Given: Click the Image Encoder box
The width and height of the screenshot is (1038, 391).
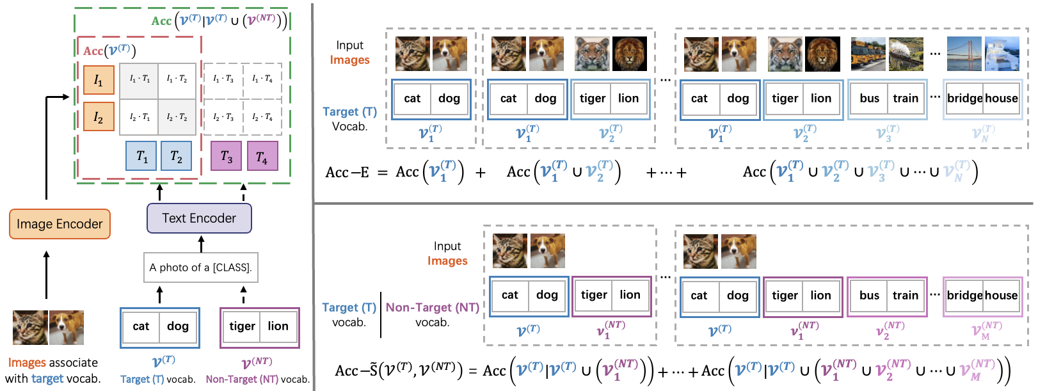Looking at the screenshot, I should coord(60,224).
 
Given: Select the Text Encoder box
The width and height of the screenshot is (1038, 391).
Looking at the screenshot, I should coord(199,218).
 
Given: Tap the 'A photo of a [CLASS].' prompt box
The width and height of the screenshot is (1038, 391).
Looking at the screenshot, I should coord(201,267).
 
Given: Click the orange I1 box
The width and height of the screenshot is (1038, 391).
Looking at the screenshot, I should coord(99,80).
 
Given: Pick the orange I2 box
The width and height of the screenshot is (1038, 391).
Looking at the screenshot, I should coord(99,117).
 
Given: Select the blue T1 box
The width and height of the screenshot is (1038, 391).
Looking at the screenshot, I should coord(142,157).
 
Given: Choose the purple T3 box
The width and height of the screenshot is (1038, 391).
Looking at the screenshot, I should coord(227,157).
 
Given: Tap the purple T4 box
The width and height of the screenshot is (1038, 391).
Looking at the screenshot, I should coord(262,157).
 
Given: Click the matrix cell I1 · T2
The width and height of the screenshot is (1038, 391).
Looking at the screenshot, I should coord(177,79).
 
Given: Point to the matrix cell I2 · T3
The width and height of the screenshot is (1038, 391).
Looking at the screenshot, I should coord(223,117).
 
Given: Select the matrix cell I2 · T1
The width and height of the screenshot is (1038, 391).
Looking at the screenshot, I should coord(140,117).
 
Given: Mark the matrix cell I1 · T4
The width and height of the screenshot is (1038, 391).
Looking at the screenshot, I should coord(262,79).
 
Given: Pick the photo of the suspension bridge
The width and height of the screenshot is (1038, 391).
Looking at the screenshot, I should coord(964,54).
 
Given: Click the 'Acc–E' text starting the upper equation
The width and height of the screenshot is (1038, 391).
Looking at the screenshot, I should coord(347,172).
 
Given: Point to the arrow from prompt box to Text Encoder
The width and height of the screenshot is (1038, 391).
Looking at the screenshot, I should coord(202,244).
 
